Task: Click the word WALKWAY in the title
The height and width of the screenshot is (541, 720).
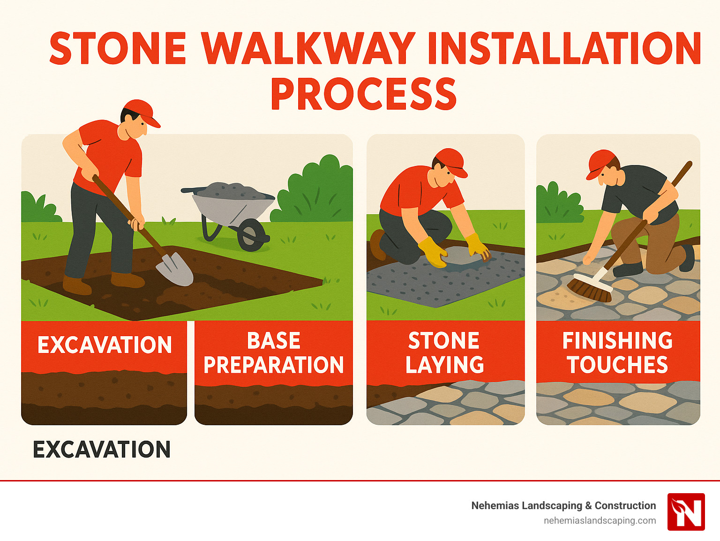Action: click(308, 48)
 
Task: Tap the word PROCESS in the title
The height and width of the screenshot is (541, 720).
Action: click(364, 94)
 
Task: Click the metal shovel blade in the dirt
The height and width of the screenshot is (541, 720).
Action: click(175, 268)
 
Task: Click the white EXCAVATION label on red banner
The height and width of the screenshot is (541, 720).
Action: click(105, 345)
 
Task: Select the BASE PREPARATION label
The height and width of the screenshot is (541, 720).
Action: click(274, 353)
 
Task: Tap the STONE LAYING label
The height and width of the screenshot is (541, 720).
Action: click(444, 353)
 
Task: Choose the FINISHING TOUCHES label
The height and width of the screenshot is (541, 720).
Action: click(617, 353)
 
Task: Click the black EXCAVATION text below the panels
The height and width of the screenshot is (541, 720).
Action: click(102, 450)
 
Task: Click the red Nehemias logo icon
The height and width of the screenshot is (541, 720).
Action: click(686, 511)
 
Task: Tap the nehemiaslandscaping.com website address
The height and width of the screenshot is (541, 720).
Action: click(600, 520)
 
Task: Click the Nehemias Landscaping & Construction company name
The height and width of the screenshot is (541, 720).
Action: click(563, 505)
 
